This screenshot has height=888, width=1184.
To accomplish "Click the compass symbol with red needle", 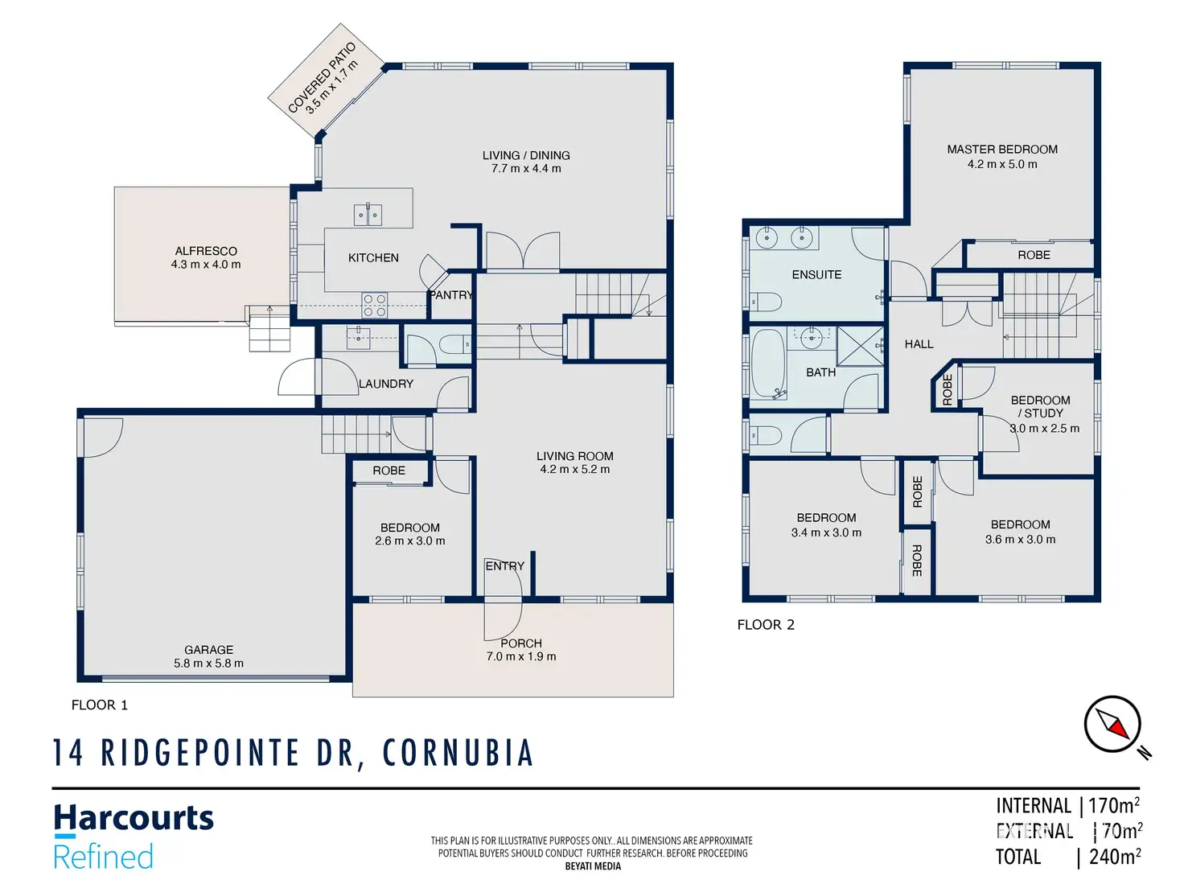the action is [1112, 724].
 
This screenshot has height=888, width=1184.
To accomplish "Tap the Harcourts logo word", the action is [134, 818].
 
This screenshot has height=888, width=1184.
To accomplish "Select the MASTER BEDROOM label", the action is [1001, 150].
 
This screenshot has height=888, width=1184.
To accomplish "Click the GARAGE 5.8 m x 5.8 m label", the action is [208, 656].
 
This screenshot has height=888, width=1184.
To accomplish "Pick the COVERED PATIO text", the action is [322, 78].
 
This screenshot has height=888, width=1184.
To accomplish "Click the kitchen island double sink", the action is [368, 215].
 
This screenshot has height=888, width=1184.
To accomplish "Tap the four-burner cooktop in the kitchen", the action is [374, 305].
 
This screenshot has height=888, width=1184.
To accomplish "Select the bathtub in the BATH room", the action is [767, 364].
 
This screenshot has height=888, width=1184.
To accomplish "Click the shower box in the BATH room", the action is [861, 347].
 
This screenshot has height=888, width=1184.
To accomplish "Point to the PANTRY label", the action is [451, 295].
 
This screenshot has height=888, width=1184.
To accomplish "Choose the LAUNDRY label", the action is [385, 384].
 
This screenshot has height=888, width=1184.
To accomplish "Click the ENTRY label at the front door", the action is [504, 565].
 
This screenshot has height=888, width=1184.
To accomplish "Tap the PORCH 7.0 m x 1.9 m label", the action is [520, 650].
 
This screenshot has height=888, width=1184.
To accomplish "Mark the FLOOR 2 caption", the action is [766, 625].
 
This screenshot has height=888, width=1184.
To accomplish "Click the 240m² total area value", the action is [1114, 856].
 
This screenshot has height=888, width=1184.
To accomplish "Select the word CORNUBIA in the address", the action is [458, 752].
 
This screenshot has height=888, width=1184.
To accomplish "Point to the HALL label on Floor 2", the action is [919, 344].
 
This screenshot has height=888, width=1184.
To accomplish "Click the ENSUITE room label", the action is [816, 274].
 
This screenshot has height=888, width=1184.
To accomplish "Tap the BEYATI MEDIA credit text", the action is [593, 866].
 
